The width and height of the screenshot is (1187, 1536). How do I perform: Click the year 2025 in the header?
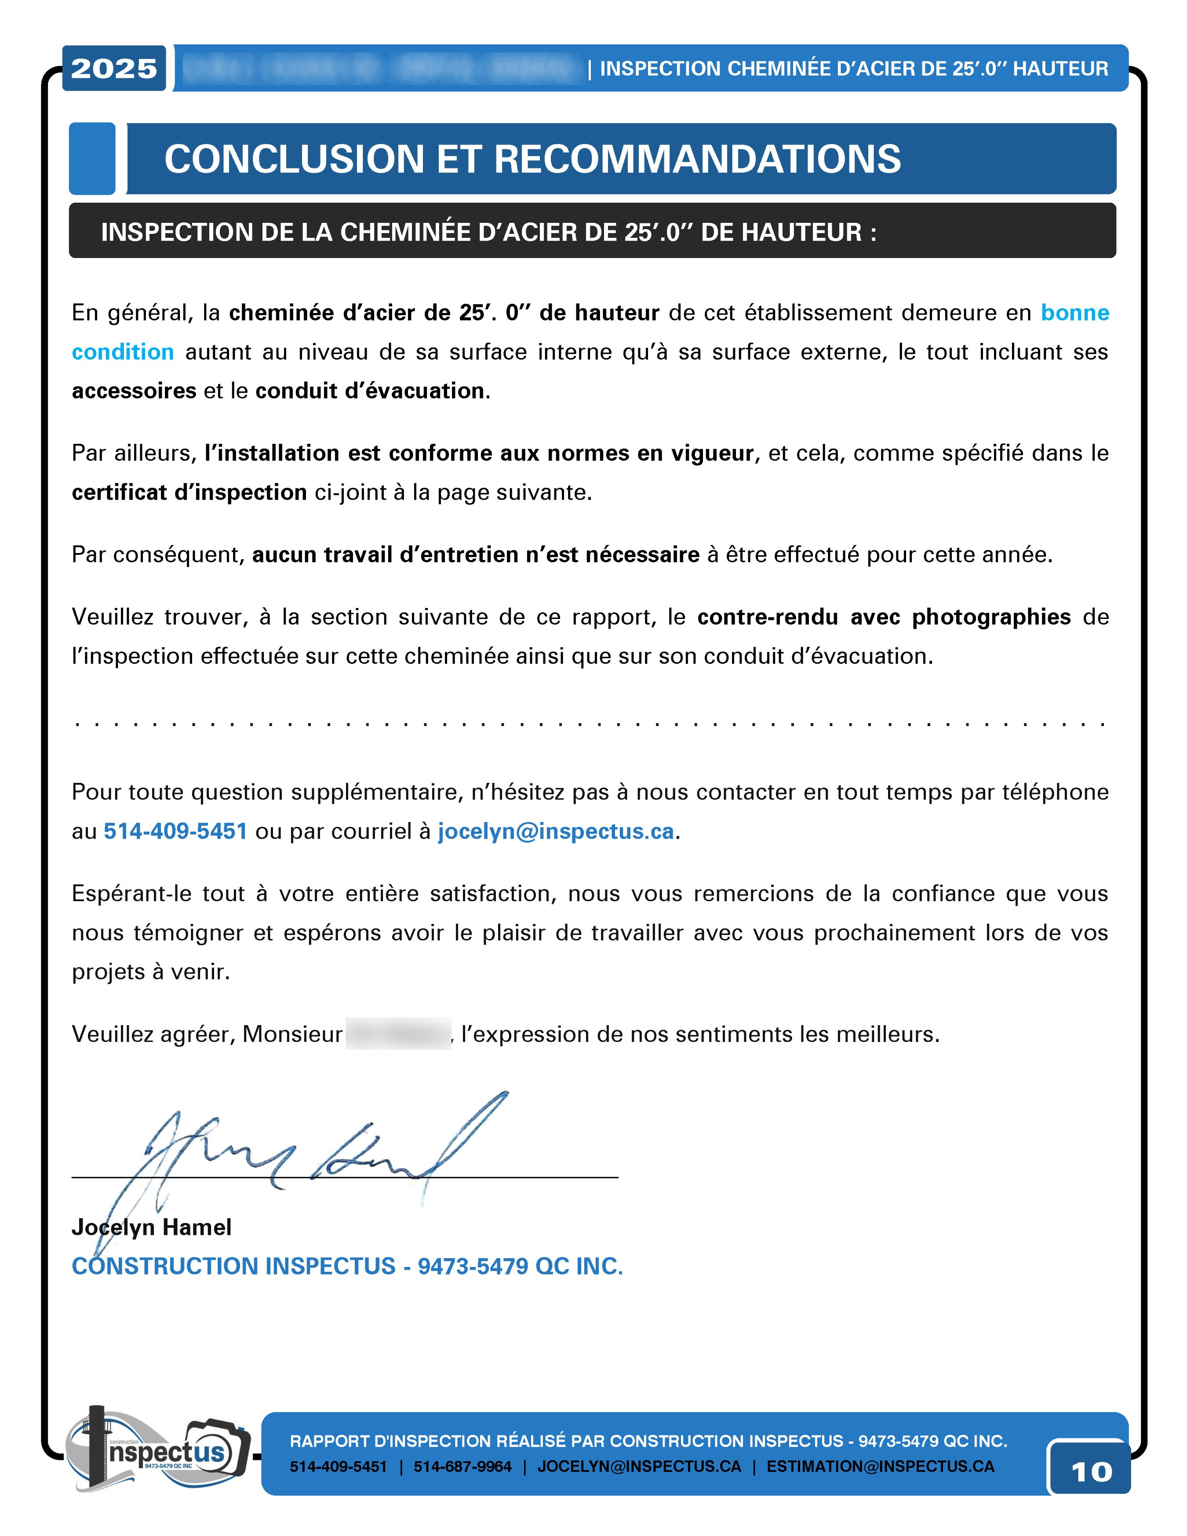coord(114,68)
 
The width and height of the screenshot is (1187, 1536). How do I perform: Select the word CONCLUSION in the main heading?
coord(294,159)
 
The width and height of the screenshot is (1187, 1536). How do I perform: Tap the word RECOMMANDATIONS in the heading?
coord(697,159)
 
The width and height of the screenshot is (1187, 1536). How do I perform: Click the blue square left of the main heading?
coord(92,159)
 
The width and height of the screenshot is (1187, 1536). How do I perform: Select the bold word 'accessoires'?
coord(134,391)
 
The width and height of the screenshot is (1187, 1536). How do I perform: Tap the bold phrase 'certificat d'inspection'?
coord(189,492)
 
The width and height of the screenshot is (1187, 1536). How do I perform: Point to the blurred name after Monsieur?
coord(398,1034)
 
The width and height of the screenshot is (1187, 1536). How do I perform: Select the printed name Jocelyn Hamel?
coord(151,1227)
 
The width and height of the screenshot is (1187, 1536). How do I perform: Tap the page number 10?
coord(1091,1471)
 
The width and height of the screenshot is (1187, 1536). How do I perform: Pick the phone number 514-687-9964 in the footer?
coord(462,1467)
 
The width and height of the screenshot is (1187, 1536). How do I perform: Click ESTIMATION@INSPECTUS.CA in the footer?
coord(880,1467)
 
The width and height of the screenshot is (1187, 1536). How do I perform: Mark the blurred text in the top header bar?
coord(380,68)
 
